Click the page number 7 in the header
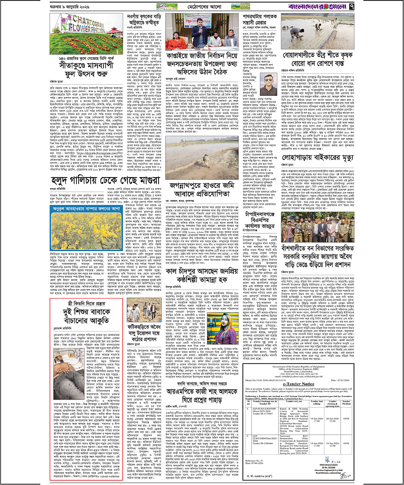tap(395, 7)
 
